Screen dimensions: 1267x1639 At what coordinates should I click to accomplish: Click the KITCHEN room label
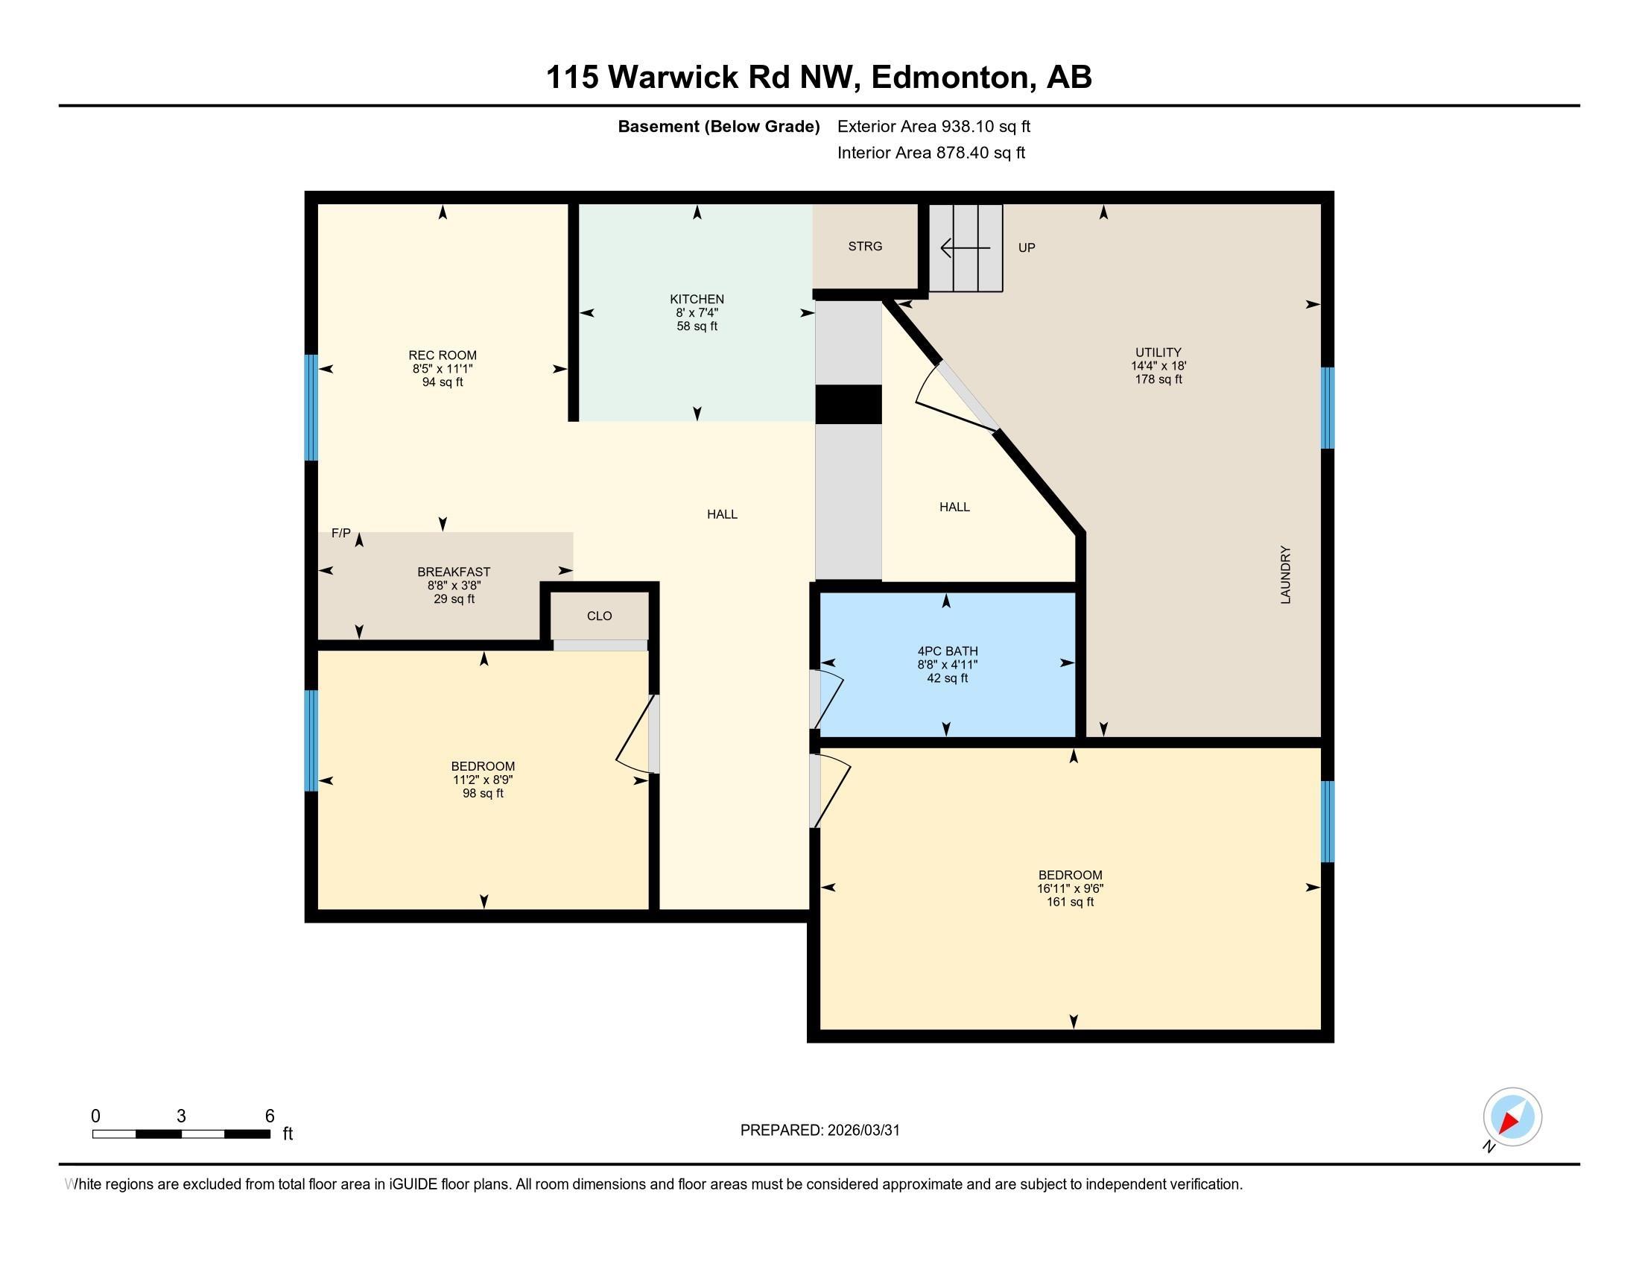pyautogui.click(x=697, y=299)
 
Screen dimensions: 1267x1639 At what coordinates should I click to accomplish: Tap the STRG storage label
pyautogui.click(x=864, y=246)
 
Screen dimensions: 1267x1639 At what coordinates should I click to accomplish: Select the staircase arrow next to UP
pyautogui.click(x=965, y=247)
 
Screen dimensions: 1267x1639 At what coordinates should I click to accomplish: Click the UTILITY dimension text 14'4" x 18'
pyautogui.click(x=1158, y=366)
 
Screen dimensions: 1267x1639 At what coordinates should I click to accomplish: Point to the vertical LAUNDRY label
pyautogui.click(x=1286, y=575)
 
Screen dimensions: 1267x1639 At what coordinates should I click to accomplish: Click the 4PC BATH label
pyautogui.click(x=947, y=651)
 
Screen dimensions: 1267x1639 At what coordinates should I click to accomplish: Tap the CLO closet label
pyautogui.click(x=599, y=616)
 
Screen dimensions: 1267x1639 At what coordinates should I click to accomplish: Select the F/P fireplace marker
pyautogui.click(x=340, y=533)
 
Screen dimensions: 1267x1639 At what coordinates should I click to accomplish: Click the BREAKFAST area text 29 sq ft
pyautogui.click(x=453, y=599)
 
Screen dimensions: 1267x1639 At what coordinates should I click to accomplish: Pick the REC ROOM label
pyautogui.click(x=442, y=355)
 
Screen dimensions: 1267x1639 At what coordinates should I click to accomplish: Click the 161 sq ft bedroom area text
pyautogui.click(x=1069, y=902)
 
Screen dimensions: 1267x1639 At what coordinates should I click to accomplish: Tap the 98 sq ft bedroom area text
pyautogui.click(x=483, y=794)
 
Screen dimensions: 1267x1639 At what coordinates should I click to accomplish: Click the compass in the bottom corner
pyautogui.click(x=1512, y=1117)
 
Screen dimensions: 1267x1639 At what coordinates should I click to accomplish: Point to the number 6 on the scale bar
pyautogui.click(x=270, y=1116)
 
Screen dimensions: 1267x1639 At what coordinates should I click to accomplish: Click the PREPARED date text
pyautogui.click(x=819, y=1130)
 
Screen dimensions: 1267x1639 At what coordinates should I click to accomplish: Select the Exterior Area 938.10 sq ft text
pyautogui.click(x=933, y=126)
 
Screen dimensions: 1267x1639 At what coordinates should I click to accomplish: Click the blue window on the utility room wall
pyautogui.click(x=1327, y=408)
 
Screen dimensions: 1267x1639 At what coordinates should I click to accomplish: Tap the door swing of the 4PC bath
pyautogui.click(x=829, y=698)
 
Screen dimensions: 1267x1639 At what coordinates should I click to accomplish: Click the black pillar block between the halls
pyautogui.click(x=848, y=405)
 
